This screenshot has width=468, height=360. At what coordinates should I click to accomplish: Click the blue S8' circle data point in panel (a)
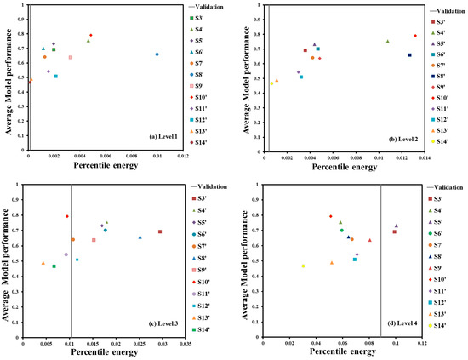[157, 54]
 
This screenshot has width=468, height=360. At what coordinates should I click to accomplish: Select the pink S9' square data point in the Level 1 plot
[71, 58]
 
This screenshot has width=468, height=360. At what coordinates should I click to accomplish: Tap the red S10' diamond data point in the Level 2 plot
[415, 36]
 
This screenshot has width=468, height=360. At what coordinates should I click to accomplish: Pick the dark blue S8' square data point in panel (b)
[409, 55]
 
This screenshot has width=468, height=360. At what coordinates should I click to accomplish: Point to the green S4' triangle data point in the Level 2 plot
[387, 41]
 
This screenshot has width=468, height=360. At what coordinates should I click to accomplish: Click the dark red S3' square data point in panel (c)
[160, 231]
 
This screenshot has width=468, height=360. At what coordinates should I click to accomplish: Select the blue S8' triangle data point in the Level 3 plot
[140, 237]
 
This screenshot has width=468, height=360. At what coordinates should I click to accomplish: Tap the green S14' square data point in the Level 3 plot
[54, 266]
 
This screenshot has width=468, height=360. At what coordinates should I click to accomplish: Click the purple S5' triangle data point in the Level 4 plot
[397, 226]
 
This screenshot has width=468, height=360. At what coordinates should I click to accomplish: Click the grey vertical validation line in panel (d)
[380, 255]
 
